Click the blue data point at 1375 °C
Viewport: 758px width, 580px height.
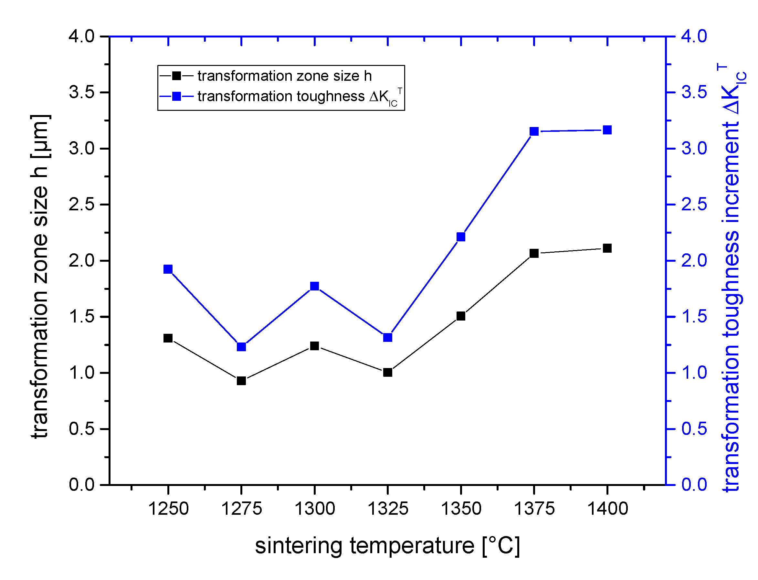pos(534,131)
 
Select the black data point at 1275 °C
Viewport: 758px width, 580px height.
pos(241,381)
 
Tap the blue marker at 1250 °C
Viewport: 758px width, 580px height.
pos(168,269)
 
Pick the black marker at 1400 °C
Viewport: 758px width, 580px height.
pos(607,248)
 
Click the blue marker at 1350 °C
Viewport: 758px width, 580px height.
pos(461,237)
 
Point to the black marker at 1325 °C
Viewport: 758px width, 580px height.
pos(388,373)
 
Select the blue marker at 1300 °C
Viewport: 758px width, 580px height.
pos(314,286)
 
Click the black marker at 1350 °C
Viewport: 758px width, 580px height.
pos(461,316)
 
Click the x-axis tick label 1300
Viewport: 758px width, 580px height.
pos(314,509)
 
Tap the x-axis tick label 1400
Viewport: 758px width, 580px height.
pos(607,509)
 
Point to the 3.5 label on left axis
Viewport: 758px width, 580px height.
pos(81,92)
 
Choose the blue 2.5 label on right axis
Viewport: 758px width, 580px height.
pos(694,205)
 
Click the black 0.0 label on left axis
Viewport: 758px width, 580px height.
pos(81,485)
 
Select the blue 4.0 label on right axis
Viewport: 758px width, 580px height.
pos(694,36)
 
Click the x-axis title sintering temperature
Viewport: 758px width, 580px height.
pos(387,546)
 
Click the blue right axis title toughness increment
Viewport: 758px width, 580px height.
pos(732,276)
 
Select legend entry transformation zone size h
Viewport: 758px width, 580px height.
pos(284,76)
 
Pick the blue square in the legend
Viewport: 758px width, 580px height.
pos(176,96)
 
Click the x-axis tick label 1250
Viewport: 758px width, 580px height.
pos(168,509)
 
